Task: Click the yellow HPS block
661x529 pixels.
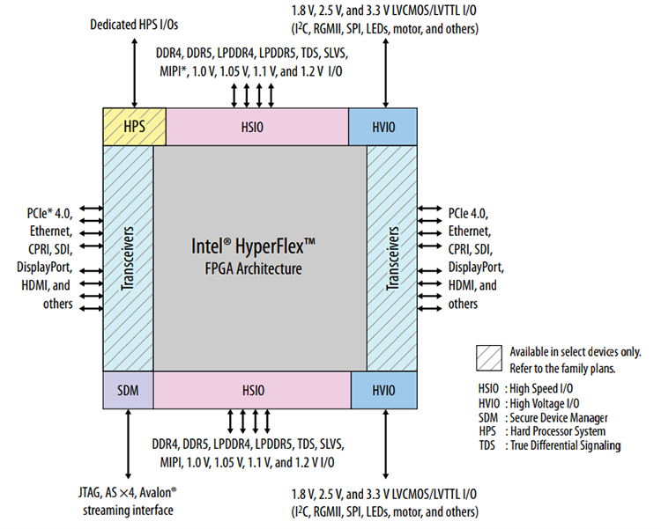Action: point(135,127)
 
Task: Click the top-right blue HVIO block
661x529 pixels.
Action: point(383,127)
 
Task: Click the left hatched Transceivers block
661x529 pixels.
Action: point(128,258)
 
